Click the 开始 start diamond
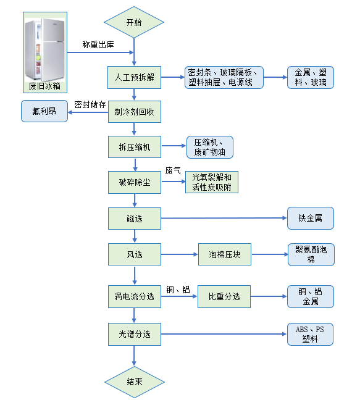point(134,23)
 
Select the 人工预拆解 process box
point(134,78)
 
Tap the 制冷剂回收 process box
point(134,112)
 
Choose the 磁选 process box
point(134,218)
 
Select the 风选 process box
point(134,254)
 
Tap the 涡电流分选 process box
point(134,297)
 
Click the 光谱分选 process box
point(134,334)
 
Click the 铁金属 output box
point(311,218)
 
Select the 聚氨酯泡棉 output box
point(311,254)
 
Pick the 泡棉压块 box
point(225,254)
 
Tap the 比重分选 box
point(225,297)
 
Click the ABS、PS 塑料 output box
point(311,334)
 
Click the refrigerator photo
point(44,51)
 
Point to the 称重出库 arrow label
point(98,45)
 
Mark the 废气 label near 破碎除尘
point(173,170)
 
